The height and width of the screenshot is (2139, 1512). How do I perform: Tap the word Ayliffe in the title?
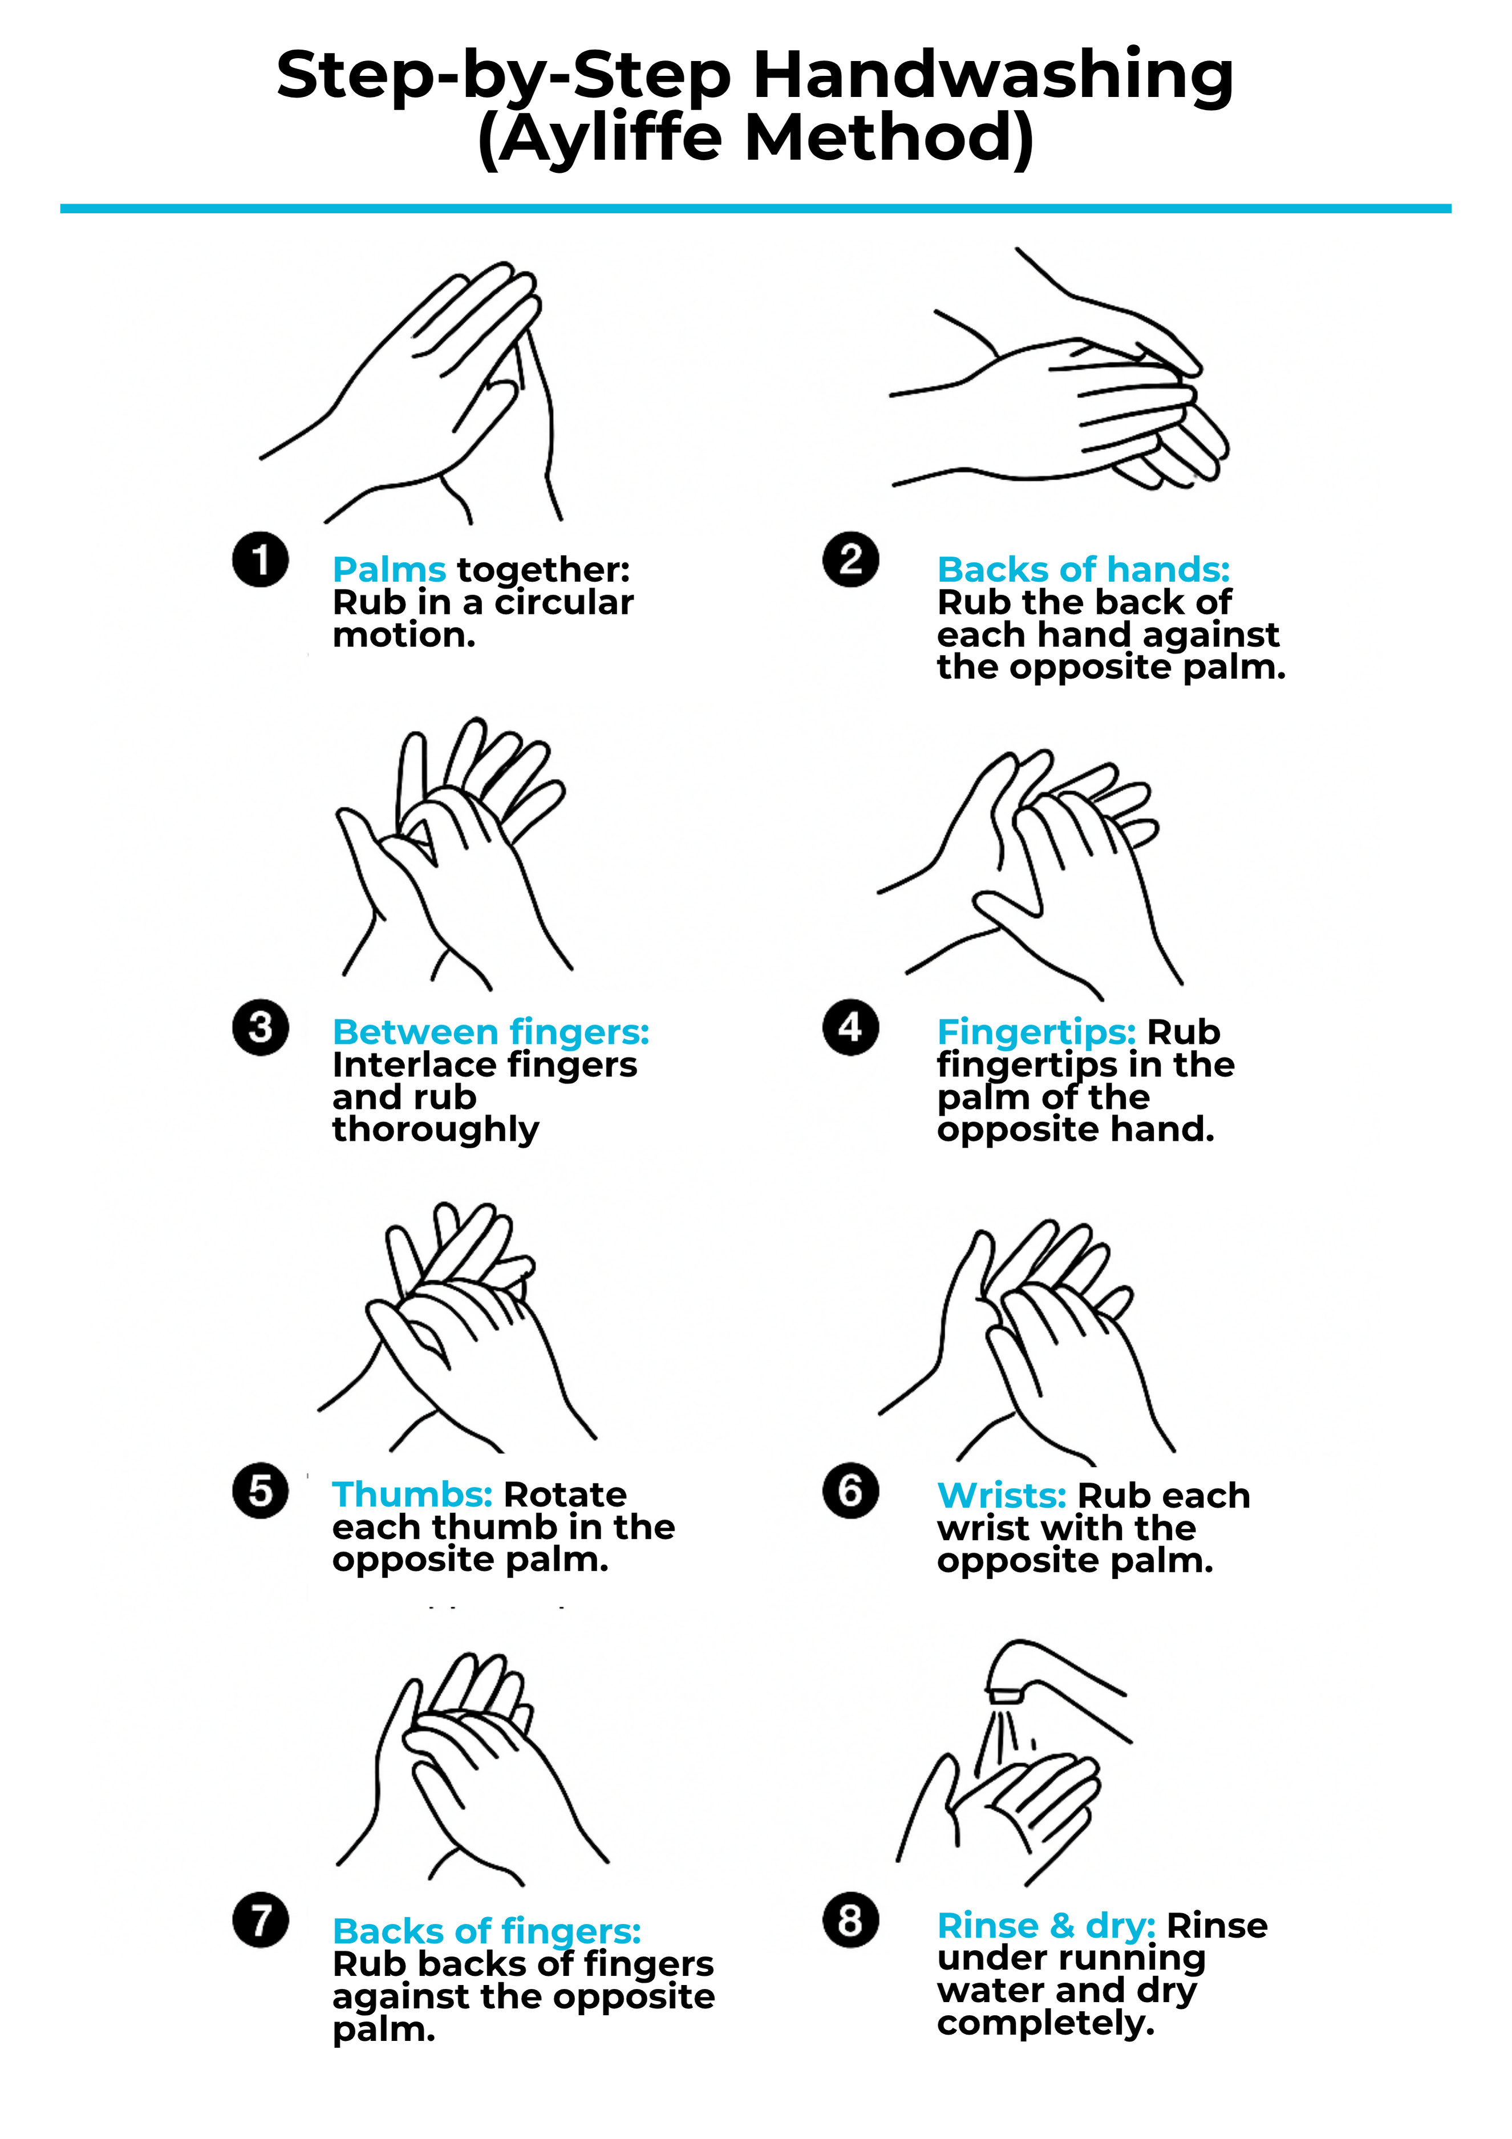pos(610,138)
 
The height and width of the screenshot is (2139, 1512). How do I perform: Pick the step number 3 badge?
pos(260,1028)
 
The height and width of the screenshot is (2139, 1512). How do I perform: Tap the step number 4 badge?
pos(850,1028)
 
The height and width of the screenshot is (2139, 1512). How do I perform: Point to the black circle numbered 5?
pos(260,1490)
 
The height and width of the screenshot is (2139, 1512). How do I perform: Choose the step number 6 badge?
pos(850,1490)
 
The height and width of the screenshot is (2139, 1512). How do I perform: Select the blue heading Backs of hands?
pos(1084,569)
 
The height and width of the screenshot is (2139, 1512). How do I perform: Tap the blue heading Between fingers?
pos(491,1032)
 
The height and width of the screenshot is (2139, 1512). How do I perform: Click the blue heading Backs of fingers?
pos(487,1931)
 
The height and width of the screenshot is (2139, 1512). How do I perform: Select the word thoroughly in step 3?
pos(436,1130)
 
